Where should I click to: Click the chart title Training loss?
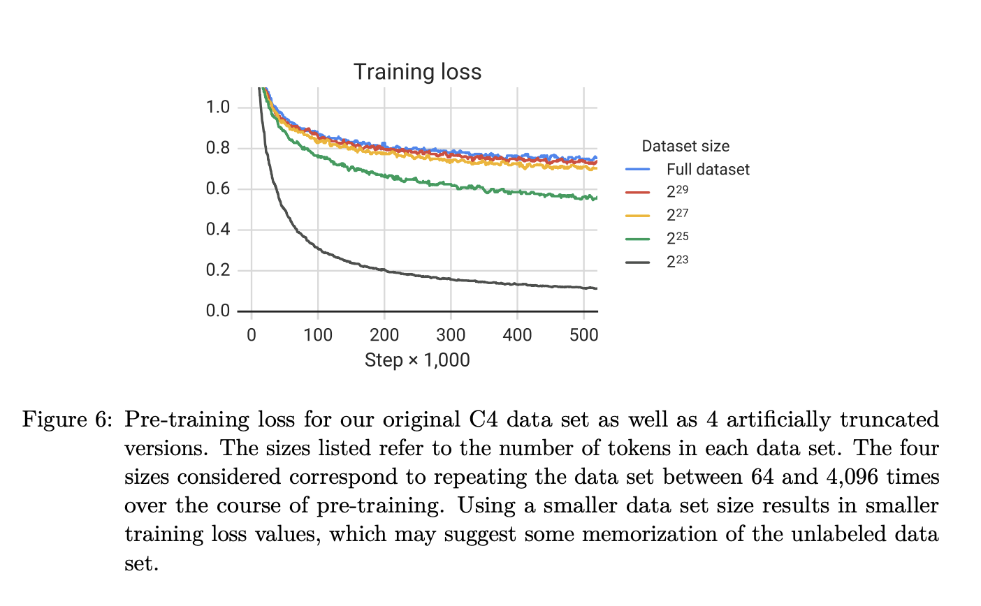pyautogui.click(x=417, y=72)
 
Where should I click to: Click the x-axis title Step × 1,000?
pyautogui.click(x=417, y=360)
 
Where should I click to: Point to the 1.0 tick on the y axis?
pyautogui.click(x=218, y=108)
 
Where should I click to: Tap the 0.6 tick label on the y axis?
pyautogui.click(x=218, y=189)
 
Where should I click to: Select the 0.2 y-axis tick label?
pyautogui.click(x=218, y=271)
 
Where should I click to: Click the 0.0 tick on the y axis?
pyautogui.click(x=218, y=311)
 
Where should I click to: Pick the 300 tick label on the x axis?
pyautogui.click(x=451, y=335)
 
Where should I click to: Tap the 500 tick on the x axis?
pyautogui.click(x=583, y=335)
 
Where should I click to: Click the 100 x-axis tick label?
pyautogui.click(x=318, y=335)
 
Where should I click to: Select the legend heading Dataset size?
pyautogui.click(x=685, y=147)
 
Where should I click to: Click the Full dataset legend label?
pyautogui.click(x=708, y=170)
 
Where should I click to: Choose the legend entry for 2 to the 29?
pyautogui.click(x=677, y=192)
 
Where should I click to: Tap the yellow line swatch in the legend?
pyautogui.click(x=638, y=216)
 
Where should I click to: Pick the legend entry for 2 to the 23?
pyautogui.click(x=677, y=262)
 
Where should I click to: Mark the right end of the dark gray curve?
pyautogui.click(x=596, y=288)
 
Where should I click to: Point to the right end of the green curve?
pyautogui.click(x=596, y=198)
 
